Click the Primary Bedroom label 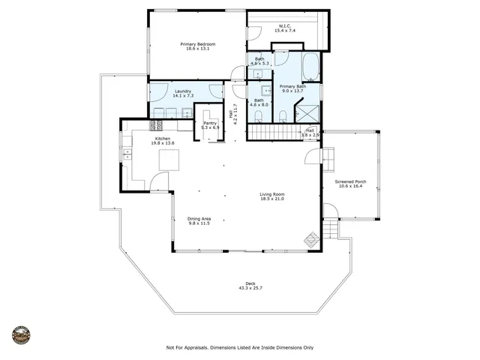[x=198, y=44]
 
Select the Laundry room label [x=163, y=92]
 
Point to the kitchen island [x=169, y=160]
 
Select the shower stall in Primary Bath [x=307, y=113]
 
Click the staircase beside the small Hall [x=273, y=133]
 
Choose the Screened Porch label [x=350, y=181]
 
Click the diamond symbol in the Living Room [x=310, y=241]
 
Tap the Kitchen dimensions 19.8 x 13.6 [x=163, y=143]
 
